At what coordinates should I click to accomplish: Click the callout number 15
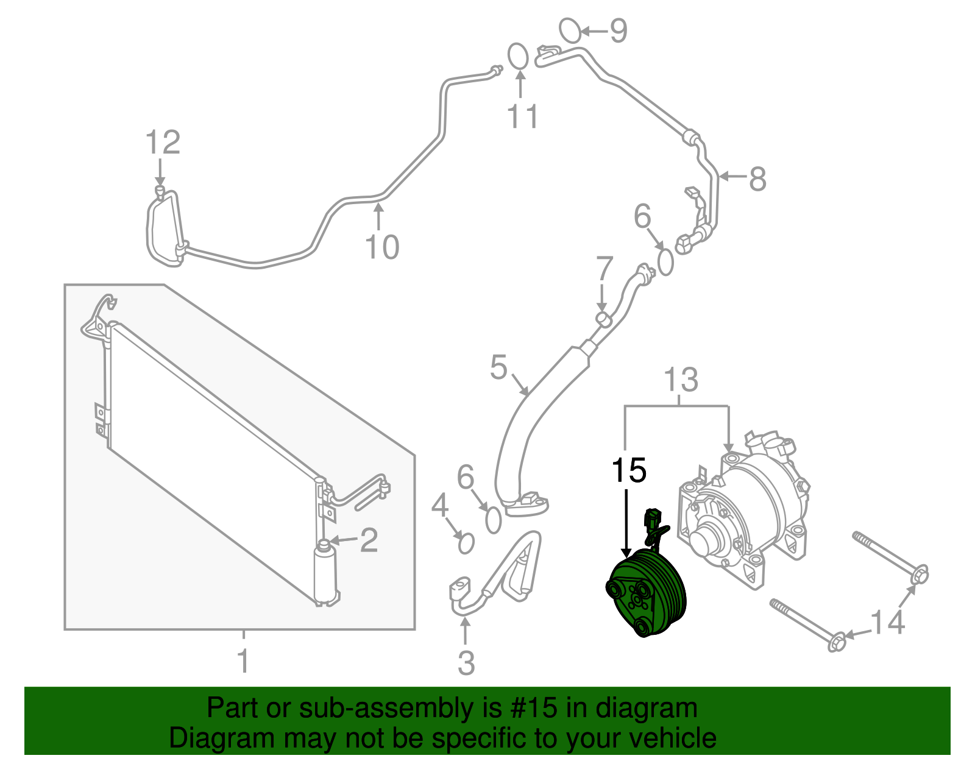click(x=629, y=470)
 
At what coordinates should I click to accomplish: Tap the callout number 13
click(x=681, y=380)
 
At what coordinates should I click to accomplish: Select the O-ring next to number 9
click(x=570, y=30)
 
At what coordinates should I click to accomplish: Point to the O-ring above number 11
click(x=518, y=56)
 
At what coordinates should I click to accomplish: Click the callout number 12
click(x=163, y=142)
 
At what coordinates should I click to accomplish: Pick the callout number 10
click(x=382, y=247)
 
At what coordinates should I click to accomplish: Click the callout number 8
click(x=757, y=179)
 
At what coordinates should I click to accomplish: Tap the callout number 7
click(x=604, y=269)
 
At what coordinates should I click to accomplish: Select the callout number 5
click(x=498, y=367)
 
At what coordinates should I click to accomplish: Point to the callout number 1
click(x=243, y=660)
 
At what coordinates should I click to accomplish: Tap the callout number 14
click(x=887, y=623)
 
